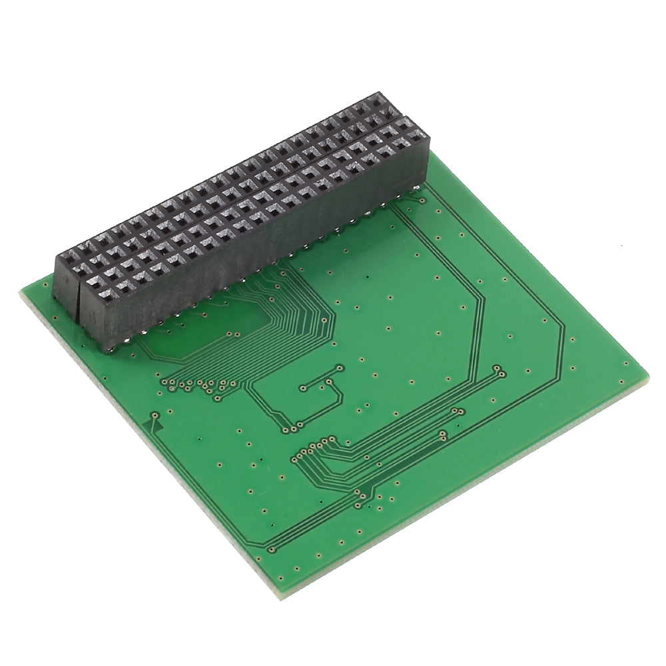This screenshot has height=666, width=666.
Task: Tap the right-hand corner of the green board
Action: pos(647,378)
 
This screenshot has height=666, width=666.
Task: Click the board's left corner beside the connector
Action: pos(22,291)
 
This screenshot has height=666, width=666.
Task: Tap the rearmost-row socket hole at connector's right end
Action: pos(380,101)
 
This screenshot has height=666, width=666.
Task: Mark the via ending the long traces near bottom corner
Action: pos(271,549)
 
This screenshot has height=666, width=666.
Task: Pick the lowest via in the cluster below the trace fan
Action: pos(217,398)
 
